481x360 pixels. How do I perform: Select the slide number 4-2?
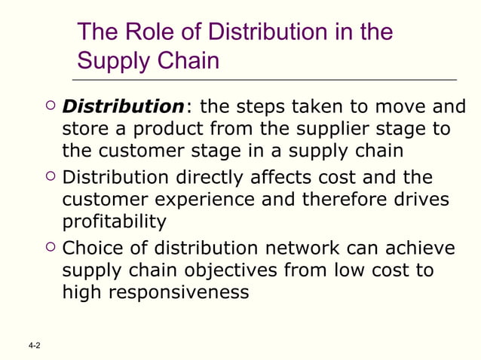[33, 346]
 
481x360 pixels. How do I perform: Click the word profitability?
[114, 222]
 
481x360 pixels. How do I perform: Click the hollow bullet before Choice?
[49, 247]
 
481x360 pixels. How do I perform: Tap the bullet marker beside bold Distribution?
[49, 106]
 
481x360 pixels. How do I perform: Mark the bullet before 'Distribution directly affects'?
[49, 177]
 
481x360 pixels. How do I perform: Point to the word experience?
[210, 200]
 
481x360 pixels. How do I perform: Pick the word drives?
[421, 200]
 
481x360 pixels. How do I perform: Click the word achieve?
[421, 247]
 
